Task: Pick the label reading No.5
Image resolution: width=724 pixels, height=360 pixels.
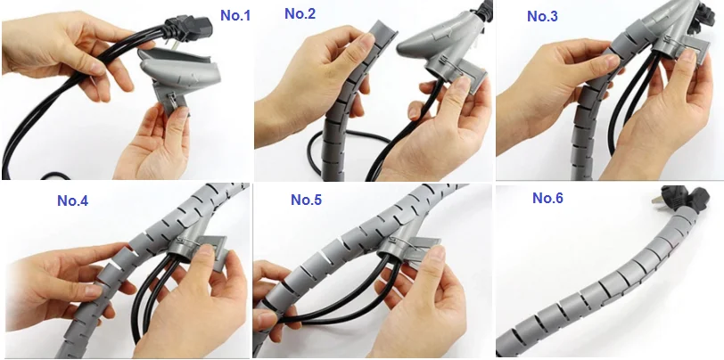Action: coord(305,200)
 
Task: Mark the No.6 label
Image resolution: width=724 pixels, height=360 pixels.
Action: coord(547,198)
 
